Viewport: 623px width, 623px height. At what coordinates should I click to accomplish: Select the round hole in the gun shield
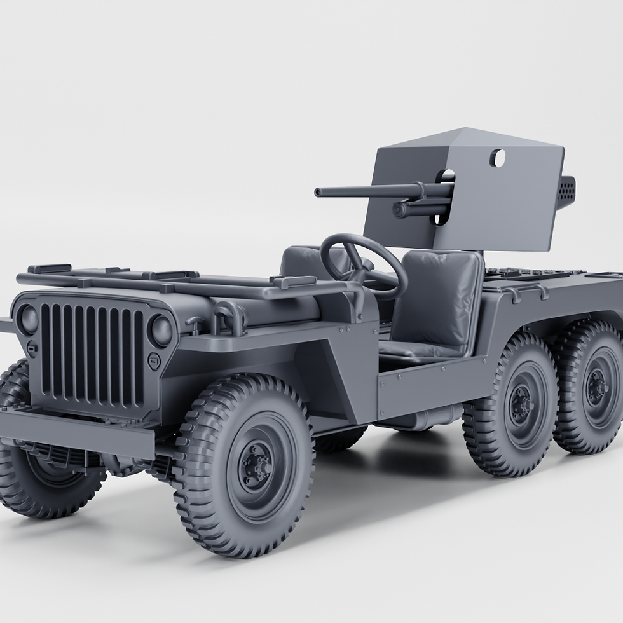click(x=497, y=158)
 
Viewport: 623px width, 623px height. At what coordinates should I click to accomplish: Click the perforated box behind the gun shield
click(x=566, y=192)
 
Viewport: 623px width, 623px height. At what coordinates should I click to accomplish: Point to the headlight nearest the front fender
click(x=161, y=331)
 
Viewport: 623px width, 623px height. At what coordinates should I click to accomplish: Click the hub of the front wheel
click(x=257, y=467)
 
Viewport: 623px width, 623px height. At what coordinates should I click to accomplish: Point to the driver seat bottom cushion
click(x=420, y=350)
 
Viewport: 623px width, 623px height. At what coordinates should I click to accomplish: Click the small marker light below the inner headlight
click(x=154, y=361)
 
